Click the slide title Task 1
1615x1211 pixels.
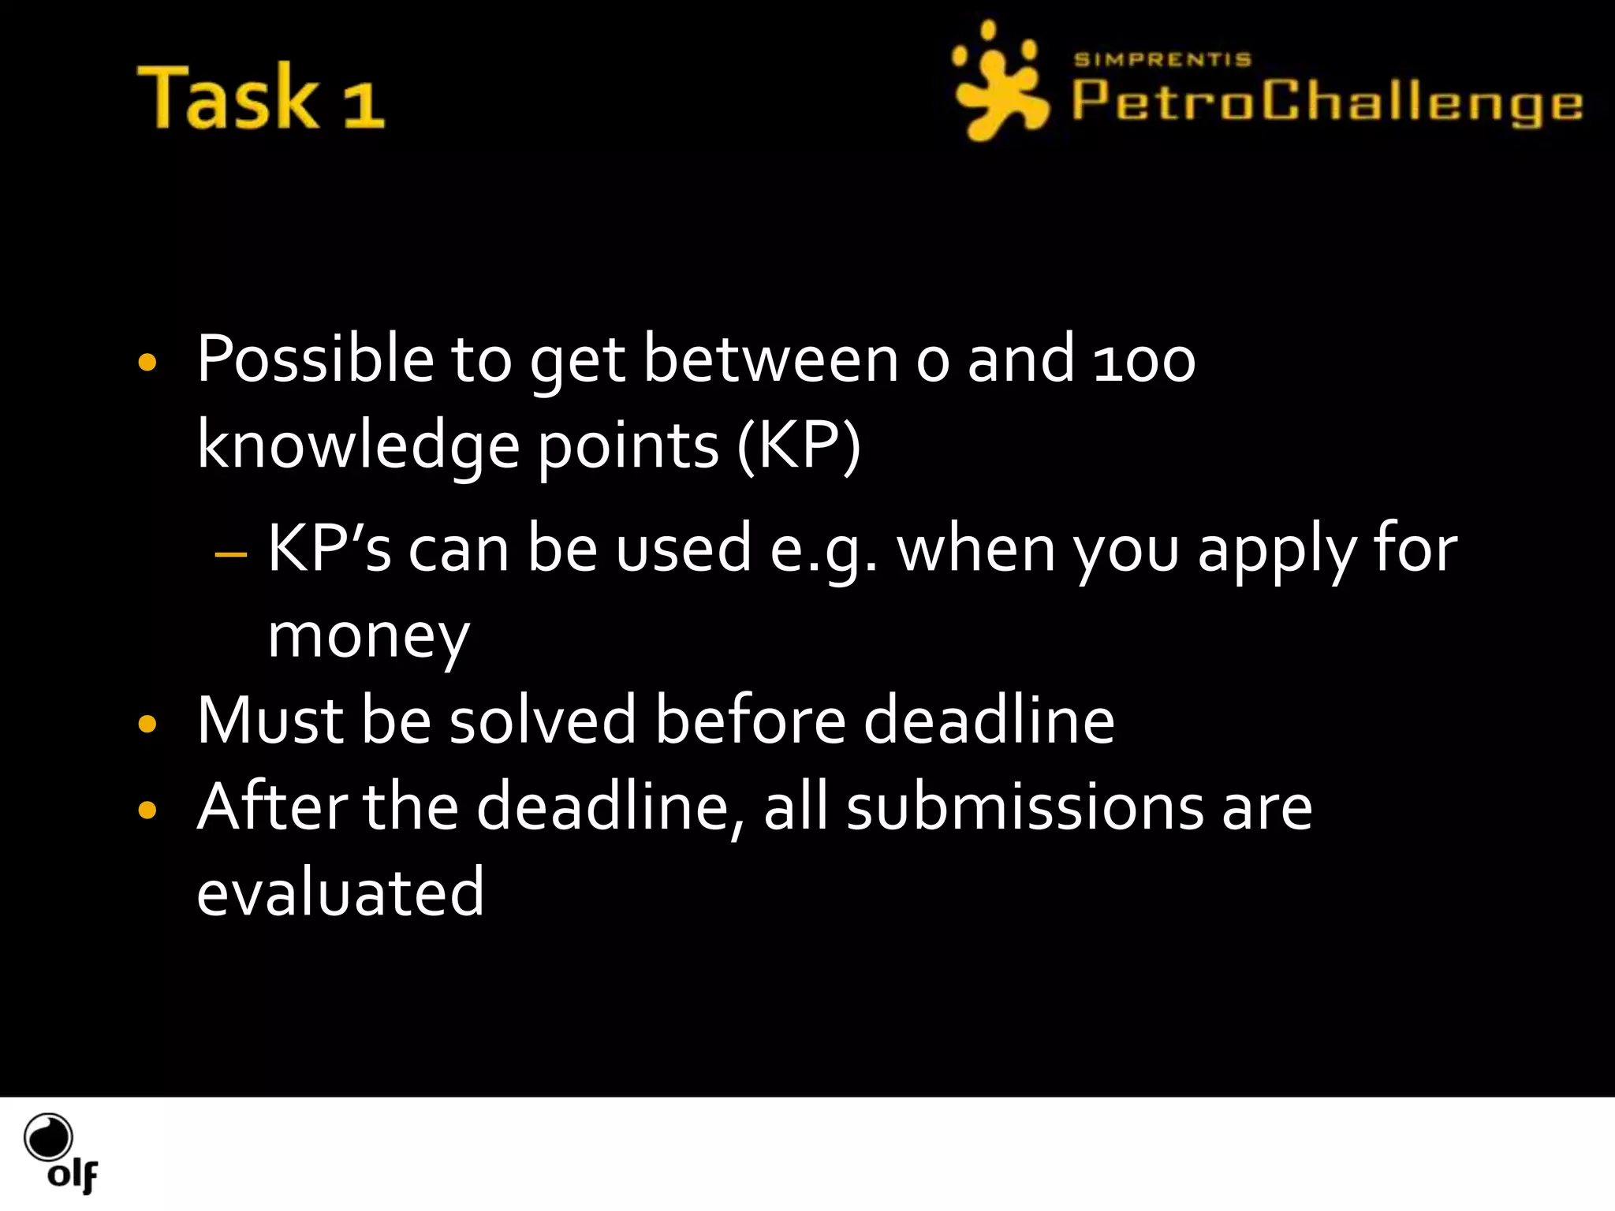point(260,97)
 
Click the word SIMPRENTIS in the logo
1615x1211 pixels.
point(1162,60)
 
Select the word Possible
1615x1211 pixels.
point(315,360)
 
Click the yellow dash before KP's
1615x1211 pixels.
point(230,553)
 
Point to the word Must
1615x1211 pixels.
point(270,721)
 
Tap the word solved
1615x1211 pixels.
point(542,721)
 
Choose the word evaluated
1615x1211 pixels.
point(340,892)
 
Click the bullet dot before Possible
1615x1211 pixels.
point(147,363)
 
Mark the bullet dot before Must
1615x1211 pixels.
point(147,724)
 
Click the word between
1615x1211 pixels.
point(770,360)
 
